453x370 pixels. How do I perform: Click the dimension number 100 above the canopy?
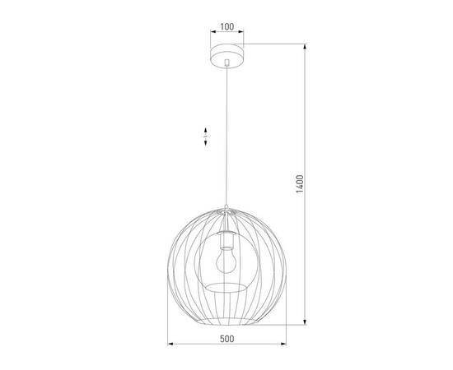[x=226, y=26]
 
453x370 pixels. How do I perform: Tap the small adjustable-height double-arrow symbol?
[x=204, y=136]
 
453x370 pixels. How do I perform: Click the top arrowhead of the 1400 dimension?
[x=307, y=48]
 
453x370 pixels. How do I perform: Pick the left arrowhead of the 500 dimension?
[x=170, y=344]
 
